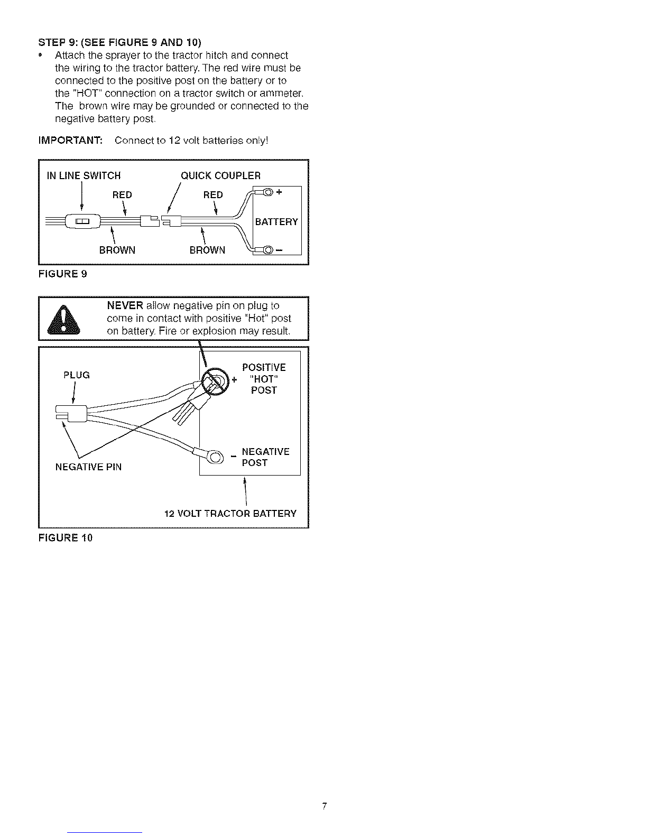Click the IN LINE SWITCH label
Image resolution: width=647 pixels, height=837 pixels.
click(x=84, y=175)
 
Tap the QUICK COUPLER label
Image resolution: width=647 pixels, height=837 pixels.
click(x=220, y=175)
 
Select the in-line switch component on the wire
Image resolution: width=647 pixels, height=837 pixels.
click(x=83, y=221)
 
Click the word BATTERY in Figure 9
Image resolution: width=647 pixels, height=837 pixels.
click(x=276, y=222)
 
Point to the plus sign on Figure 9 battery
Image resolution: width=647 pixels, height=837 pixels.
click(x=279, y=191)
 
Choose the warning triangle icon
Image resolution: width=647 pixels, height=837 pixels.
click(x=63, y=320)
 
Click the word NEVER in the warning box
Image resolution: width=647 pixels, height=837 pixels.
click(x=125, y=306)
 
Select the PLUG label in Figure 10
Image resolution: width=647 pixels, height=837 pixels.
click(x=76, y=375)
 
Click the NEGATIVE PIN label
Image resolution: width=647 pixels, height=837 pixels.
click(x=88, y=467)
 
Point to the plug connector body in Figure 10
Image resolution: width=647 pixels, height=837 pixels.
click(x=72, y=414)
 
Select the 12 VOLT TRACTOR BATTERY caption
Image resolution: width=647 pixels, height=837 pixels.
click(x=230, y=514)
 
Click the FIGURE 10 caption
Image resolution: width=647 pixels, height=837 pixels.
click(x=66, y=538)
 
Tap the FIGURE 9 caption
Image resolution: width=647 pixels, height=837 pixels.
click(x=63, y=274)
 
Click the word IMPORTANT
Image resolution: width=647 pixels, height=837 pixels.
click(x=70, y=140)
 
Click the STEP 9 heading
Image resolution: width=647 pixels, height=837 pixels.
click(x=120, y=42)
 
